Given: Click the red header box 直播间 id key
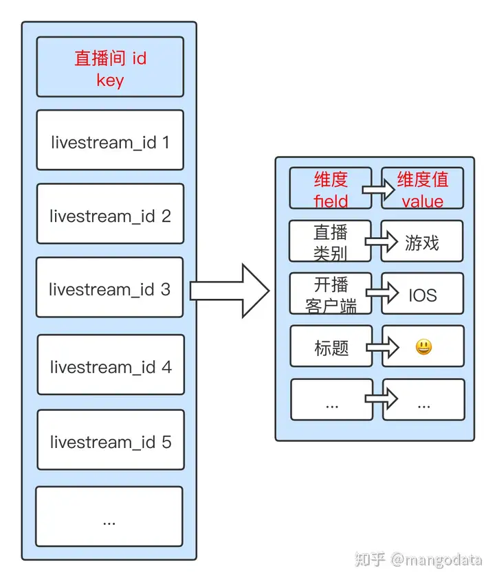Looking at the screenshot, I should point(110,67).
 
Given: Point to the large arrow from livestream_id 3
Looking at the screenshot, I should point(230,290).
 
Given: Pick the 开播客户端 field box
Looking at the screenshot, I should point(330,294).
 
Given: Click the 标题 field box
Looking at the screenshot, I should point(331,346).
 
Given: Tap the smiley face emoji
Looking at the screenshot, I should point(423,347).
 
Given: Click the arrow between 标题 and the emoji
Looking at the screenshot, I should point(382,347).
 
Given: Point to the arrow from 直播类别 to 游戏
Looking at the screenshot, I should point(382,241).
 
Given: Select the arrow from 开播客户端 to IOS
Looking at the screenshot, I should point(382,294).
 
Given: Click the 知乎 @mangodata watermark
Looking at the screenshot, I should point(418,559).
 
